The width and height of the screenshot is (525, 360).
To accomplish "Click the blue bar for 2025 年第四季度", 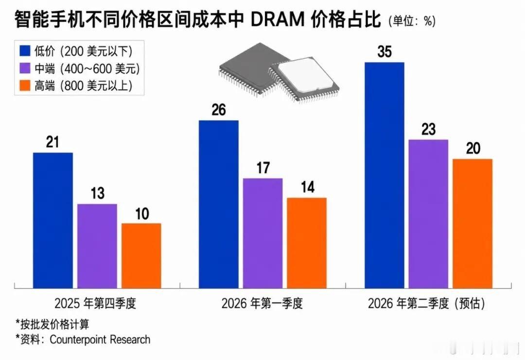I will (52, 220).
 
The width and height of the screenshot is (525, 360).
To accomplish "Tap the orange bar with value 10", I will (141, 255).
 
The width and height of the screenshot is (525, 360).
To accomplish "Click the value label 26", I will (219, 110).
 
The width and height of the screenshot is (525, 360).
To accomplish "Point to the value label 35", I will (385, 52).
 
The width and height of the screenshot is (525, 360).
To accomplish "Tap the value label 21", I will (52, 142).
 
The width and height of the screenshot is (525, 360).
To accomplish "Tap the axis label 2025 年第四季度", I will (96, 304).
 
